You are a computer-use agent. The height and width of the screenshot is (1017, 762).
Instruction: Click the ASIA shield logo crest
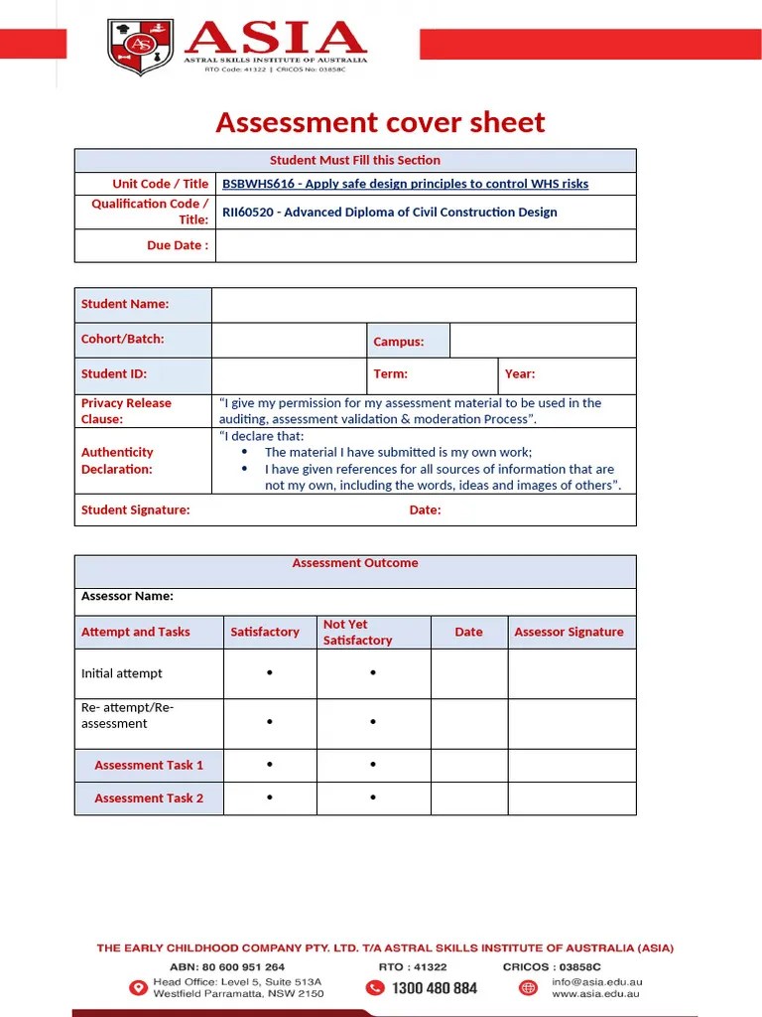140,47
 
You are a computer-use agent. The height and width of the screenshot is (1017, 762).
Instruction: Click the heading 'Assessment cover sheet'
380,122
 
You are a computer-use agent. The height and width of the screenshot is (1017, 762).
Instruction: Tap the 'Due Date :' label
178,245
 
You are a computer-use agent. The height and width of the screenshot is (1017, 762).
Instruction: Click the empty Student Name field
423,305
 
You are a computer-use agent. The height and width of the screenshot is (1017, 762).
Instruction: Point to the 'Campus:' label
398,342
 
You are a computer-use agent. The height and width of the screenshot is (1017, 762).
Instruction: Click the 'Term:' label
390,374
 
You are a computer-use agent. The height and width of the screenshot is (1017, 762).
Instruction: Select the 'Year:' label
519,374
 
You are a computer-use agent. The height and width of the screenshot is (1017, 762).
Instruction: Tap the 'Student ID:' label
114,374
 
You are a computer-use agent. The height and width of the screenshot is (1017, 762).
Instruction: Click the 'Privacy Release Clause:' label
126,411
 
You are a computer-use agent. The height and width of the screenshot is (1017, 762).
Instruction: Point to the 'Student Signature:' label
135,510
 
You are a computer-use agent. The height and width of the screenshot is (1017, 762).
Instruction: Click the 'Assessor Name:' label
127,597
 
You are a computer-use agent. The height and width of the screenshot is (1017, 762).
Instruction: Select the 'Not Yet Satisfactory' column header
357,633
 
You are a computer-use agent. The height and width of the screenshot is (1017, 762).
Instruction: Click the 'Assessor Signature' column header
569,632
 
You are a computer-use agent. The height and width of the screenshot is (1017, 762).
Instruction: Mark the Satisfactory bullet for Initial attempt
270,673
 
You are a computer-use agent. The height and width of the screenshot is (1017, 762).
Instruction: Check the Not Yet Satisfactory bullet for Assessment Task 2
373,798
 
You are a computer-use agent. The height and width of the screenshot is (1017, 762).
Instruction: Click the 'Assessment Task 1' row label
149,765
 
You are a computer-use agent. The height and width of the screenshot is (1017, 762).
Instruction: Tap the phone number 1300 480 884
434,988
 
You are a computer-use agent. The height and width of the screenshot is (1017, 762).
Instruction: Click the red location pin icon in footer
138,987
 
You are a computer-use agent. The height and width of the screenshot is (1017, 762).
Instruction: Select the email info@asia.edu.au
596,982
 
